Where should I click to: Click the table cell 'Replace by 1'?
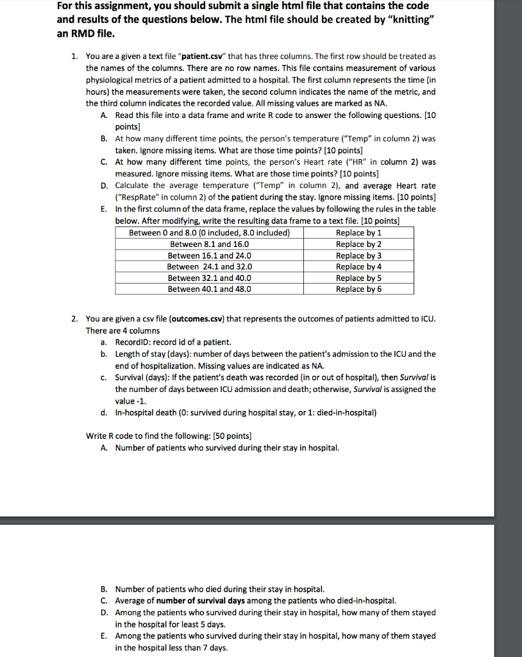click(358, 233)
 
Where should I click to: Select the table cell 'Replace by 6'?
click(358, 289)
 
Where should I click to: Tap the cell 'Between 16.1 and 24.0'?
click(209, 255)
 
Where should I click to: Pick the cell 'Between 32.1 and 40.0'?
click(209, 278)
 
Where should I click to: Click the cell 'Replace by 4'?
click(358, 266)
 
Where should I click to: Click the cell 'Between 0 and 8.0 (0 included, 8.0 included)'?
click(209, 233)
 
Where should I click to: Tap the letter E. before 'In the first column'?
click(103, 209)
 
